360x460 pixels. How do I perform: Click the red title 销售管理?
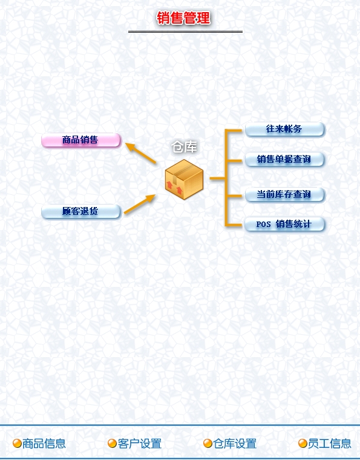click(183, 18)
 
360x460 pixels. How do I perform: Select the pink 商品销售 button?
click(81, 140)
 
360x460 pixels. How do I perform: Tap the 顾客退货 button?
click(81, 211)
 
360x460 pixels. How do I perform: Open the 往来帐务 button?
click(284, 129)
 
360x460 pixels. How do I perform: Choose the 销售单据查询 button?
click(284, 159)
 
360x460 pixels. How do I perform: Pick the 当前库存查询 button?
click(284, 194)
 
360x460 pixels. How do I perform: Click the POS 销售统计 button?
click(284, 225)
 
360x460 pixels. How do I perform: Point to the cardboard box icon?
click(184, 179)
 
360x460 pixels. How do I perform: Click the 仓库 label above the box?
click(184, 146)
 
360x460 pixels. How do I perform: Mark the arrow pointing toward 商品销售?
click(141, 153)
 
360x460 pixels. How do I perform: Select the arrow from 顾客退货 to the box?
click(140, 204)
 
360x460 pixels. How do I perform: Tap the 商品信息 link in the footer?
click(44, 444)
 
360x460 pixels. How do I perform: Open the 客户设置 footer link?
click(140, 444)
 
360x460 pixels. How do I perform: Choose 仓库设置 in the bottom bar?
click(235, 444)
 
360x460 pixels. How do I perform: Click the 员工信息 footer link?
click(330, 444)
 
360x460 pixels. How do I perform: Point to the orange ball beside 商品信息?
click(17, 443)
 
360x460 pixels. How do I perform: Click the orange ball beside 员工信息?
click(303, 443)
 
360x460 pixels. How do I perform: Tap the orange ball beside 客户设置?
click(113, 443)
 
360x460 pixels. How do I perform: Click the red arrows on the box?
click(175, 188)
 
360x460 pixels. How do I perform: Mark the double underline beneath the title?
click(185, 31)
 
